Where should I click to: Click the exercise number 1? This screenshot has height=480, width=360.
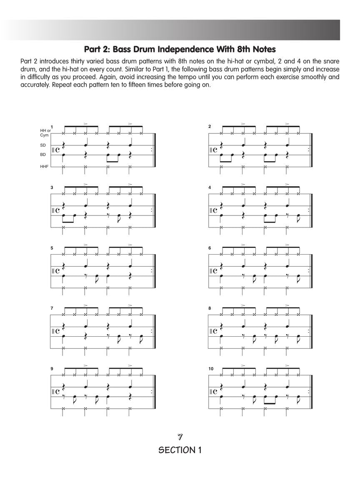click(52, 127)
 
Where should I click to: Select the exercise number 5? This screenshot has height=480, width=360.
click(52, 248)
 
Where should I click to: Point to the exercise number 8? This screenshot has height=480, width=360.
click(210, 308)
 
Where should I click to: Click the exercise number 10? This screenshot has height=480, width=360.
click(211, 369)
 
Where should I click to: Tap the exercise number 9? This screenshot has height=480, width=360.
click(52, 369)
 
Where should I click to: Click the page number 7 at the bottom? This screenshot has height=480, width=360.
click(180, 437)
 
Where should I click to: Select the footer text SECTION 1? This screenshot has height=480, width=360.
click(180, 450)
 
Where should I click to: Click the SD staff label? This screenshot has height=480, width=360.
click(43, 145)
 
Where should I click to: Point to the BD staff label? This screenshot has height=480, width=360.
click(43, 155)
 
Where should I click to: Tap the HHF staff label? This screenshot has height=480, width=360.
click(44, 166)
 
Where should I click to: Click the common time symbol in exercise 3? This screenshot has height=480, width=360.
click(57, 210)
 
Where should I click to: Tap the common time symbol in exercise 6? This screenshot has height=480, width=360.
click(215, 271)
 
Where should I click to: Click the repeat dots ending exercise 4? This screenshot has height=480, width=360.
click(308, 210)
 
